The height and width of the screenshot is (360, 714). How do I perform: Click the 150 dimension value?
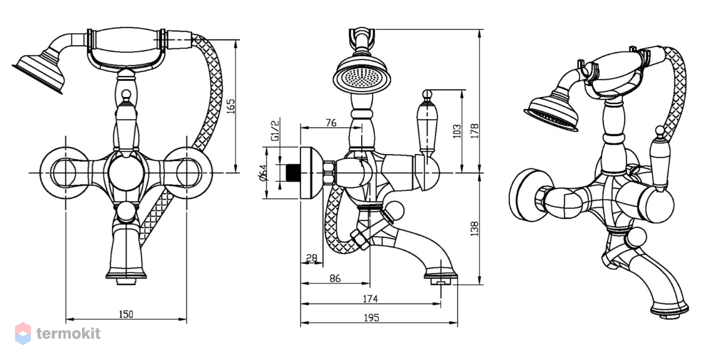[126, 314]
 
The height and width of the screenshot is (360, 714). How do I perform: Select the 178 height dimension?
[475, 131]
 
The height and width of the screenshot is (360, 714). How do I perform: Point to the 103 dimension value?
[457, 131]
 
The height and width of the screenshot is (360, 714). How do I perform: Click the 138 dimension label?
[475, 228]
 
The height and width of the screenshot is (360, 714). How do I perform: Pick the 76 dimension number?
[331, 123]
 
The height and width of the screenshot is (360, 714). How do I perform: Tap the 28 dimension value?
[312, 258]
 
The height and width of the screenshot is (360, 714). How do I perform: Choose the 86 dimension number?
[335, 278]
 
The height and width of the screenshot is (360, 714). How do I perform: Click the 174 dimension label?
[370, 299]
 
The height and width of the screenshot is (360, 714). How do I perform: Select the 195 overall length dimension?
[372, 318]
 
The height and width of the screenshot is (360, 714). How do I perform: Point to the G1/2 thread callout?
[275, 130]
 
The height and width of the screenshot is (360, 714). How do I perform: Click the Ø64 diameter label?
[263, 173]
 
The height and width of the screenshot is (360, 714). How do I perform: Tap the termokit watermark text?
[68, 334]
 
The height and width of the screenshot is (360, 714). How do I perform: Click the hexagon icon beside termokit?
[23, 334]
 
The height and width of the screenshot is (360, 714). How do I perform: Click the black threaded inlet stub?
[293, 173]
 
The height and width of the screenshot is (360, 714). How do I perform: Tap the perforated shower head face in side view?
[362, 78]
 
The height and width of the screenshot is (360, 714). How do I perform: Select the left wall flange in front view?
[65, 173]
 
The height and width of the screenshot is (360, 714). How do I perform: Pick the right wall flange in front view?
[187, 173]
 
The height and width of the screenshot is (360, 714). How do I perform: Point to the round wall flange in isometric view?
[527, 195]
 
